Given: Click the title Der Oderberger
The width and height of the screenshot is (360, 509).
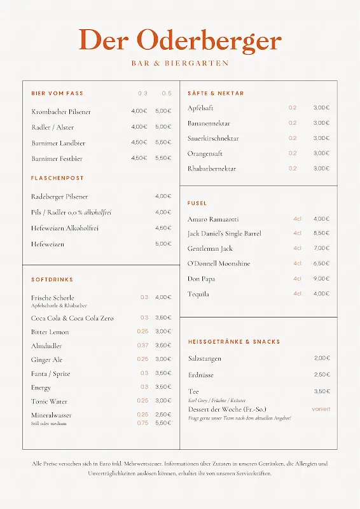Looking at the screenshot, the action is [180, 40].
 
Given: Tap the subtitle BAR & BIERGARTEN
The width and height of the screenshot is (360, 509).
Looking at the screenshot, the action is [180, 64].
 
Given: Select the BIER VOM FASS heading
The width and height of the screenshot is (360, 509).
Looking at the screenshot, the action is [57, 94].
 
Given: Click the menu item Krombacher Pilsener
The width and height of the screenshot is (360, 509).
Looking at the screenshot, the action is [61, 111].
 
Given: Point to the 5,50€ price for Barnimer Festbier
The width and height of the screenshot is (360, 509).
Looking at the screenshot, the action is [163, 158].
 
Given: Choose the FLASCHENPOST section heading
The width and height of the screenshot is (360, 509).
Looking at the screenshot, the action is [57, 178].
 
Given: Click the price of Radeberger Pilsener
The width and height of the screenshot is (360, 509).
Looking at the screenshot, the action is [163, 197].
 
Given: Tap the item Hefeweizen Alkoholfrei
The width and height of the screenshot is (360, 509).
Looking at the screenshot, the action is [65, 228].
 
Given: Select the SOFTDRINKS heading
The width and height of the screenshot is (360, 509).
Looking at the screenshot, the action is [52, 280].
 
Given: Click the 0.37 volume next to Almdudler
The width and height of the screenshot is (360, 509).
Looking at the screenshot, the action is [143, 345].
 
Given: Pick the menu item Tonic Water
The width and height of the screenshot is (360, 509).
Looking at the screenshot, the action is [50, 401].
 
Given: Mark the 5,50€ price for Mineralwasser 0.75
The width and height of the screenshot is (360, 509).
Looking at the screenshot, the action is [163, 422].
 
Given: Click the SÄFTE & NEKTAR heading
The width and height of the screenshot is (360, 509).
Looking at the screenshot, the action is [216, 94].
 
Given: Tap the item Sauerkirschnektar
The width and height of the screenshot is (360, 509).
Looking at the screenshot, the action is [213, 138].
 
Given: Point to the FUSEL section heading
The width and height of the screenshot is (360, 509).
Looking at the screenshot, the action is [197, 204].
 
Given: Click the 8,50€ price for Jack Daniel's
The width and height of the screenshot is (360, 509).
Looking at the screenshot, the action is [321, 234].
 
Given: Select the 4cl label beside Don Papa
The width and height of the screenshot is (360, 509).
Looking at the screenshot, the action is [297, 279].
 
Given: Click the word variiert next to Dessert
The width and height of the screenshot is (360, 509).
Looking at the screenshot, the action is [321, 409].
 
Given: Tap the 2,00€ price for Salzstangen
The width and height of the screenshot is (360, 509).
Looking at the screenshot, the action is [322, 358].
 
